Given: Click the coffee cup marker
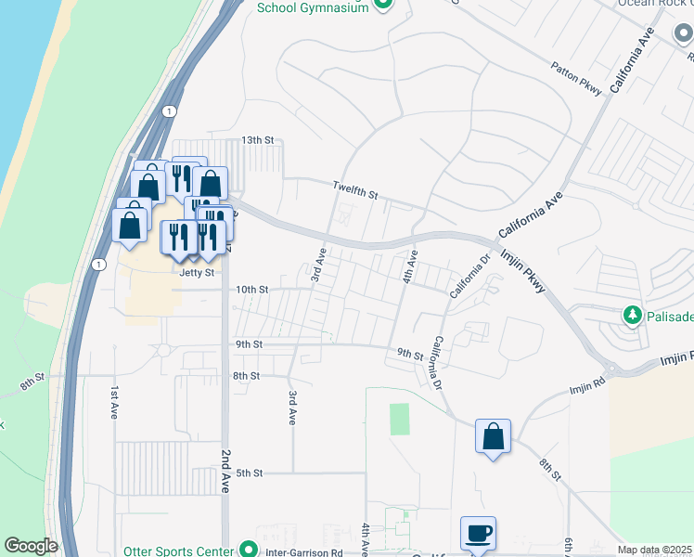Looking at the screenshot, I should click(478, 534).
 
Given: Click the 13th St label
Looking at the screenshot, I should click(259, 140).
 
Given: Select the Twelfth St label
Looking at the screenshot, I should click(356, 190).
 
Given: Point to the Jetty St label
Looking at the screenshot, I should click(197, 273).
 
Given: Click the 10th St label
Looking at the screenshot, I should click(251, 290).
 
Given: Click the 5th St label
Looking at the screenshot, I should click(251, 473).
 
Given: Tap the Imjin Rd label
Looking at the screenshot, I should click(586, 379).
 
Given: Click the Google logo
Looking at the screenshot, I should click(31, 545).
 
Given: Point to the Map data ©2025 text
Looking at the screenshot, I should click(654, 550).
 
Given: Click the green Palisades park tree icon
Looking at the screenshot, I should click(634, 316).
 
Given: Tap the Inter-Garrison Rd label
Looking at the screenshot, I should click(304, 551).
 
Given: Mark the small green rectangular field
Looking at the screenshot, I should click(399, 419).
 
